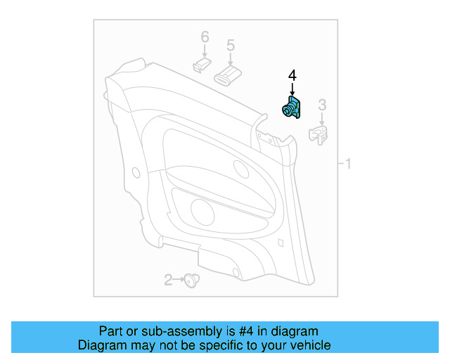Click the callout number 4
[292, 75]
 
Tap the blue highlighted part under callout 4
[292, 109]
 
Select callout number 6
[205, 37]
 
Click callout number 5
[230, 46]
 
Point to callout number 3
[322, 105]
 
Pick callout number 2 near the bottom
[168, 281]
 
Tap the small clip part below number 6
[201, 65]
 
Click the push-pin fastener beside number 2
[190, 281]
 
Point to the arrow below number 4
[292, 90]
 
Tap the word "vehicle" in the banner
[309, 345]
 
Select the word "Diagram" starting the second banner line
[101, 345]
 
